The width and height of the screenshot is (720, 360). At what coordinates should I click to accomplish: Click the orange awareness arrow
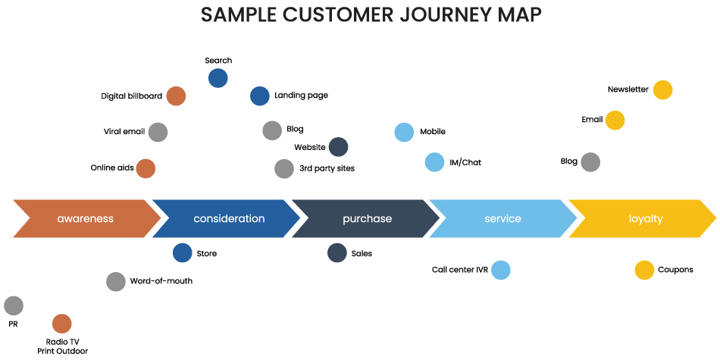pos(85,219)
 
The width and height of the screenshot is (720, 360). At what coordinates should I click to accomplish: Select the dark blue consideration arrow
pos(229,219)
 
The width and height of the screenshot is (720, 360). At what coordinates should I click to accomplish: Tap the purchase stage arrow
pos(367,219)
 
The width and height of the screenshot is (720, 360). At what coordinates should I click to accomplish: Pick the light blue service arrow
pos(502,219)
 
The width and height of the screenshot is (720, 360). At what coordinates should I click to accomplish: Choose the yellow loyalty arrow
pos(646,219)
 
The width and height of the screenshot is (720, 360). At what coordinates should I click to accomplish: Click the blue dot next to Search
pos(218,77)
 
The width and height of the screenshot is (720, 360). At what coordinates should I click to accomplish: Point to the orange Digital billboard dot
pos(176,96)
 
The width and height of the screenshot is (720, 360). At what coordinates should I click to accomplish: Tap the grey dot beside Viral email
pos(158,132)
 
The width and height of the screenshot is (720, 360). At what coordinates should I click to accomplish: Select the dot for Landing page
pos(260,95)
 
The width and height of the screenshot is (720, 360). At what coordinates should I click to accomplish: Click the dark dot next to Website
pos(339,147)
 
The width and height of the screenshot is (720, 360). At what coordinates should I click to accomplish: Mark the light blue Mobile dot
pos(405,132)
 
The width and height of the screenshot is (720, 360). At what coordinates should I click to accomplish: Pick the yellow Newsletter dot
pos(662,90)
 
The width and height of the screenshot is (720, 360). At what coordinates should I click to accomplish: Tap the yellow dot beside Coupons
pos(644,270)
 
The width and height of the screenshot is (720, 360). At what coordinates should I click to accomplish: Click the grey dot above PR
pos(14,306)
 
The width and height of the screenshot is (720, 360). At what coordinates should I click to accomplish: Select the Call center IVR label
pos(460,270)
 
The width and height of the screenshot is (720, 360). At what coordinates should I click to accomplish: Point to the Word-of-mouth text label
pos(161,281)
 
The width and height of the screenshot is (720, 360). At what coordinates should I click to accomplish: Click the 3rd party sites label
pos(327,168)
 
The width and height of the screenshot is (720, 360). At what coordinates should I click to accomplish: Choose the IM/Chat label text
pos(465,162)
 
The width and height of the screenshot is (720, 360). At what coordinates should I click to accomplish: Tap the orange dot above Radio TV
pos(62,324)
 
